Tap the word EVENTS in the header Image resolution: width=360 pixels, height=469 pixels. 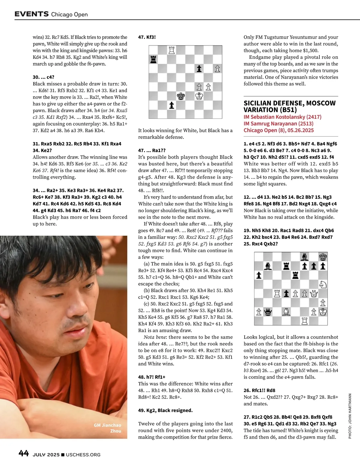[31, 14]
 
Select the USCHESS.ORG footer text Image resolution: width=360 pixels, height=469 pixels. [83, 455]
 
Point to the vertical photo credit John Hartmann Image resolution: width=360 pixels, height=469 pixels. [350, 416]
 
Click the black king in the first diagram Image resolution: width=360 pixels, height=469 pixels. [181, 96]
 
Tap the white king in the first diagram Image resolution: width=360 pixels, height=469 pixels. [199, 96]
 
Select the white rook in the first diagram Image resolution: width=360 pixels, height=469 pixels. [172, 50]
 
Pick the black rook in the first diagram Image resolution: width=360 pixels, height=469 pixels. [153, 59]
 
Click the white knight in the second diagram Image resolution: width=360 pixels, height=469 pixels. [323, 284]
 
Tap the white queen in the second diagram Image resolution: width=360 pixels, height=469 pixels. [314, 293]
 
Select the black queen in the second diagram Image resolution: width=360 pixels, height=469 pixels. [268, 312]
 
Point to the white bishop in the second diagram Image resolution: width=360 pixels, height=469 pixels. [286, 312]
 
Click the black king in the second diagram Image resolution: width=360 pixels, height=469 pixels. [323, 257]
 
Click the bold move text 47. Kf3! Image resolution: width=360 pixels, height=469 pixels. [147, 37]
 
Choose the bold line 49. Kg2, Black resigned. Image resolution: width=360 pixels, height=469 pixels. [165, 410]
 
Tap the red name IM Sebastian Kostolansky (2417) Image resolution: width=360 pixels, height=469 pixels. [282, 117]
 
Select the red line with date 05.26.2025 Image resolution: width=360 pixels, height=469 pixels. [279, 130]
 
